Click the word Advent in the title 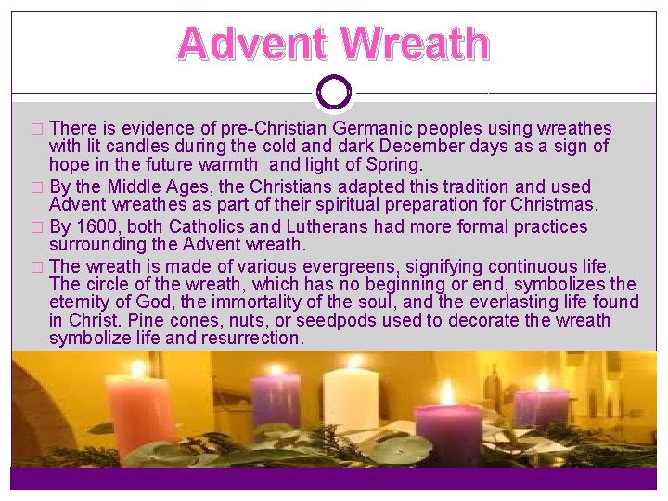click(x=253, y=44)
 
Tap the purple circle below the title click(x=334, y=92)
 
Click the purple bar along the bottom click(x=334, y=477)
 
